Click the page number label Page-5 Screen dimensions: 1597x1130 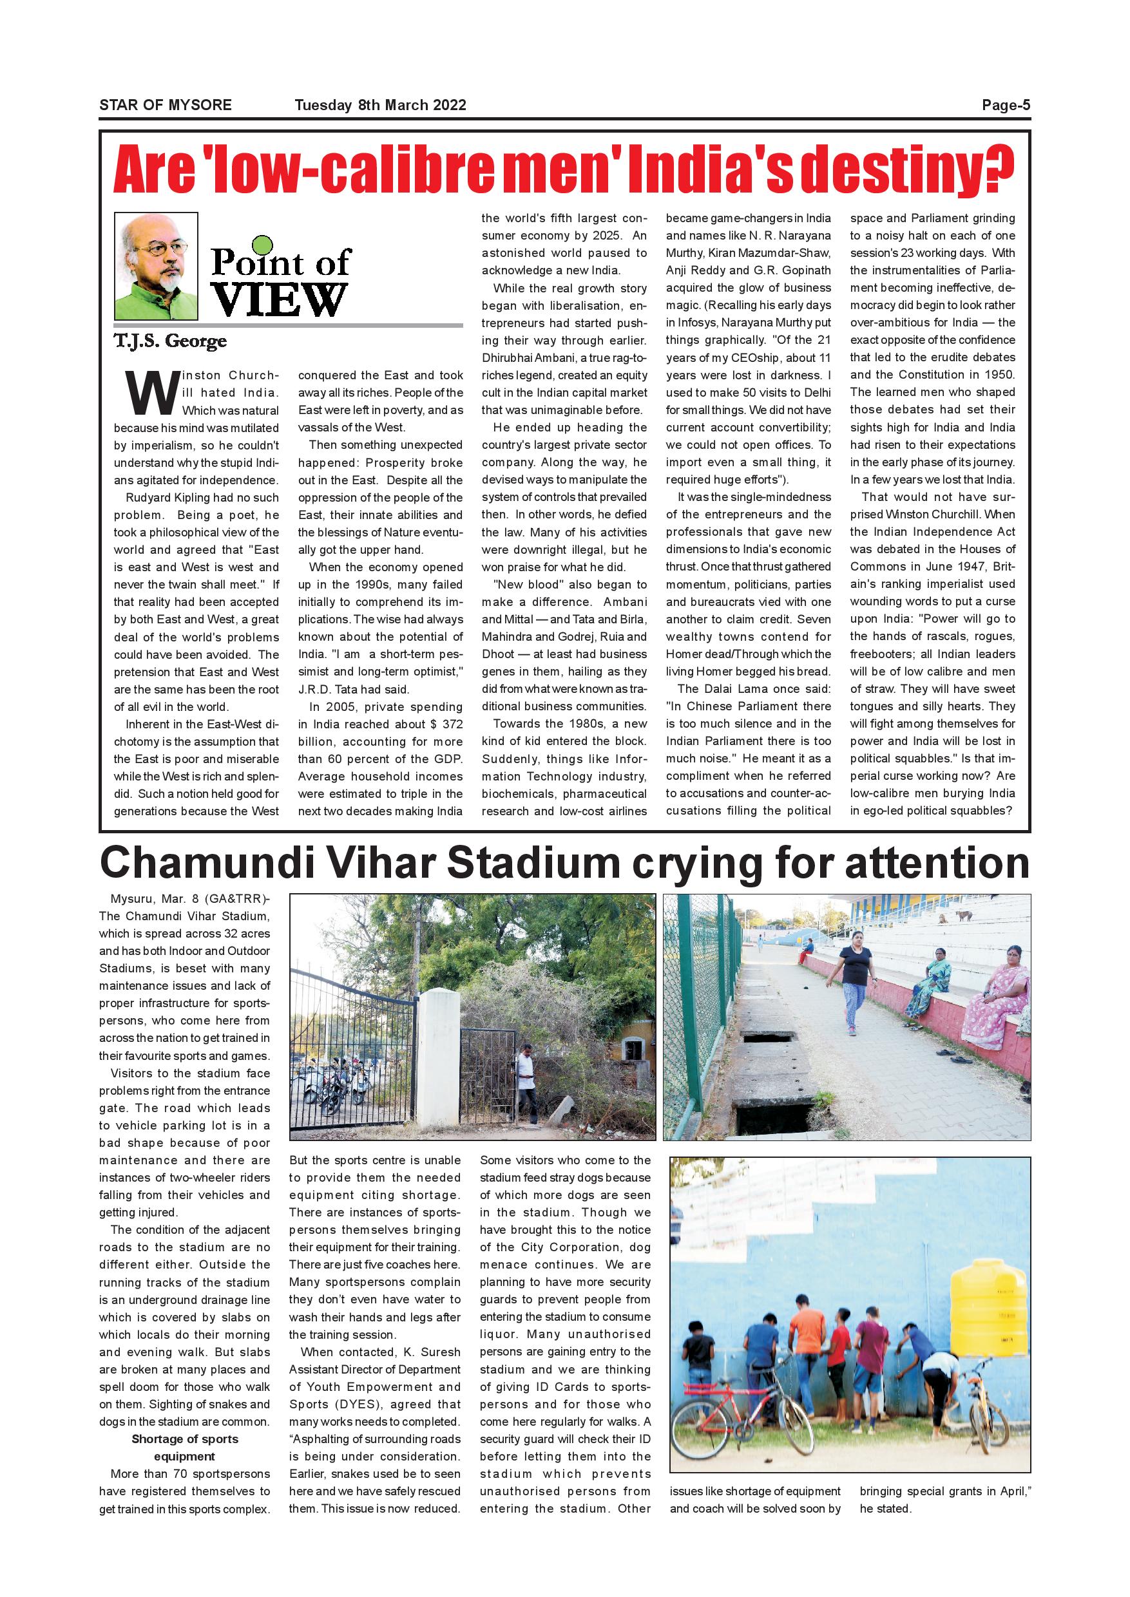(1006, 106)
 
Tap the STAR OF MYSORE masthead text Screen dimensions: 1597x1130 (166, 106)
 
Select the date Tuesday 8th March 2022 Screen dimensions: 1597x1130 (380, 106)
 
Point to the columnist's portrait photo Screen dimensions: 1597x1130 (156, 266)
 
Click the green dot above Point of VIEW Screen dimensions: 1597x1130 (263, 245)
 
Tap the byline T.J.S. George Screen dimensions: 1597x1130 (171, 341)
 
